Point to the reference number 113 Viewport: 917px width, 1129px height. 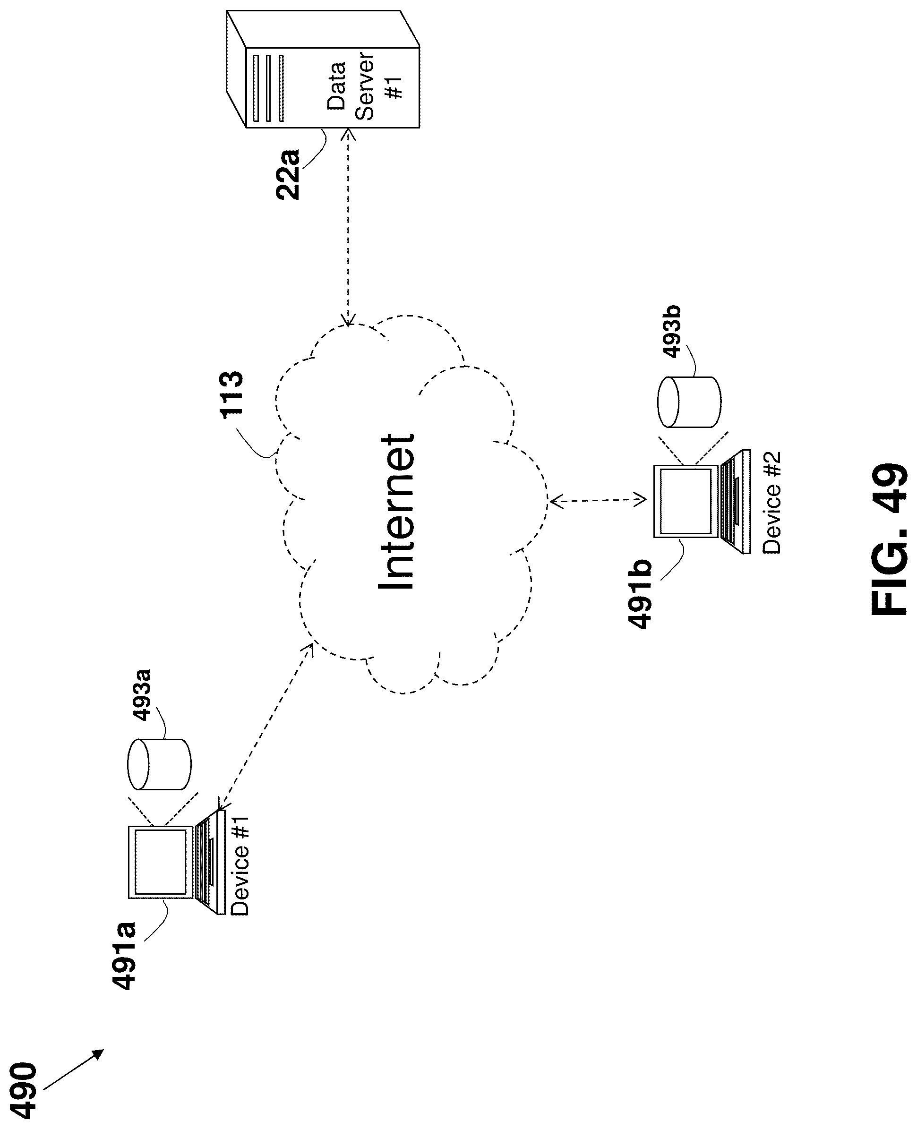[231, 395]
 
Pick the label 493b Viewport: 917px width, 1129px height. [671, 332]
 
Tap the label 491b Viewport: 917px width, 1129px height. [640, 595]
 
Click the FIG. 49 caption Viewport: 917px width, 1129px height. [889, 539]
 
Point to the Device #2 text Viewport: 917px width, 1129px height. [772, 503]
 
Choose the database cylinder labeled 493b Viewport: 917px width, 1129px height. [689, 402]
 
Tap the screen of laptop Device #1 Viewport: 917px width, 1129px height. [161, 861]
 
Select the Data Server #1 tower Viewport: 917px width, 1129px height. [323, 69]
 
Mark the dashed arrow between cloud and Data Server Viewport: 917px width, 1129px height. [348, 227]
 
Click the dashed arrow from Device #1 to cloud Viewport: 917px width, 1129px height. [266, 726]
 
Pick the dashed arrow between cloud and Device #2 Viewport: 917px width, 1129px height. [598, 500]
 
